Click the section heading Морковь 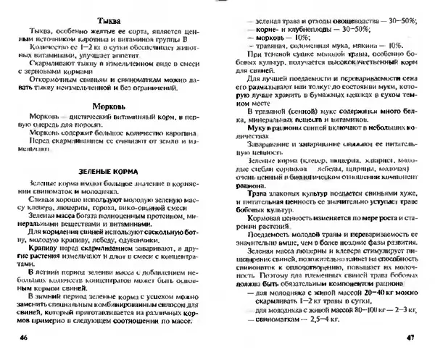coord(107,102)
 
